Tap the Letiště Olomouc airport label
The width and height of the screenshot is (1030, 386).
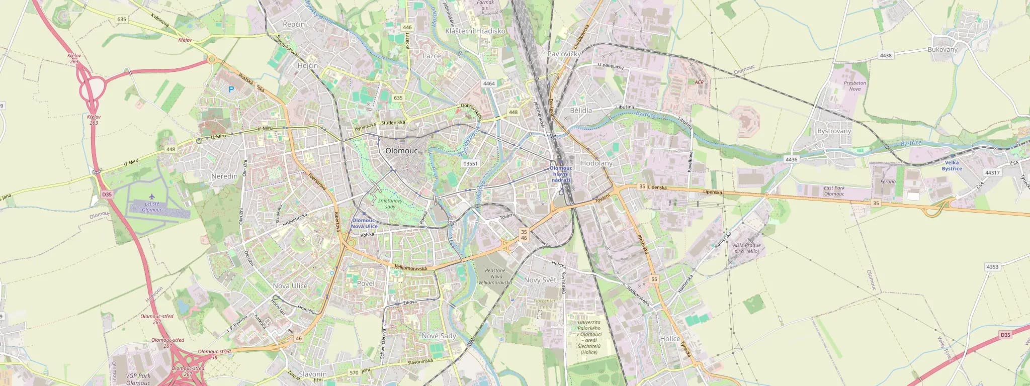tap(152, 206)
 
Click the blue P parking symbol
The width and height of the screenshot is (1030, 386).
tap(231, 89)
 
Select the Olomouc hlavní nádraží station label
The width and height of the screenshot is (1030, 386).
tap(561, 174)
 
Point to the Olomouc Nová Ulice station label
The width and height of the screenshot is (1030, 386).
tap(364, 224)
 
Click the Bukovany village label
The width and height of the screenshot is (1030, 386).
tap(942, 50)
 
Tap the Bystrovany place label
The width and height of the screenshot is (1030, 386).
tap(834, 131)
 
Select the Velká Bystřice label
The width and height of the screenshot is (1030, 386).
tap(952, 165)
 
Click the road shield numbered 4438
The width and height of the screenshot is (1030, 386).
tap(886, 55)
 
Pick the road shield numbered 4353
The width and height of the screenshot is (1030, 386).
tap(992, 267)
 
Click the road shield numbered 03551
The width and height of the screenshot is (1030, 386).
tap(470, 163)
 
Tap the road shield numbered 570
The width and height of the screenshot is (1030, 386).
tap(354, 372)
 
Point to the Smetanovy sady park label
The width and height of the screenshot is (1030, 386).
tap(390, 204)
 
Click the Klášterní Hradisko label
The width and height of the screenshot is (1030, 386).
tap(475, 31)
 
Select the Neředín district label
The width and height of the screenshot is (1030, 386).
tap(224, 176)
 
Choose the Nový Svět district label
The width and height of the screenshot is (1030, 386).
tap(540, 280)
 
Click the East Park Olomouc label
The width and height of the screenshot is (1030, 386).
tap(834, 191)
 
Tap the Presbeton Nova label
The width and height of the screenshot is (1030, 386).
tap(855, 86)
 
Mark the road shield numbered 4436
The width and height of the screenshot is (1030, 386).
tap(791, 159)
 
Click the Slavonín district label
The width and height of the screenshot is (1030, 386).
tap(313, 374)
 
